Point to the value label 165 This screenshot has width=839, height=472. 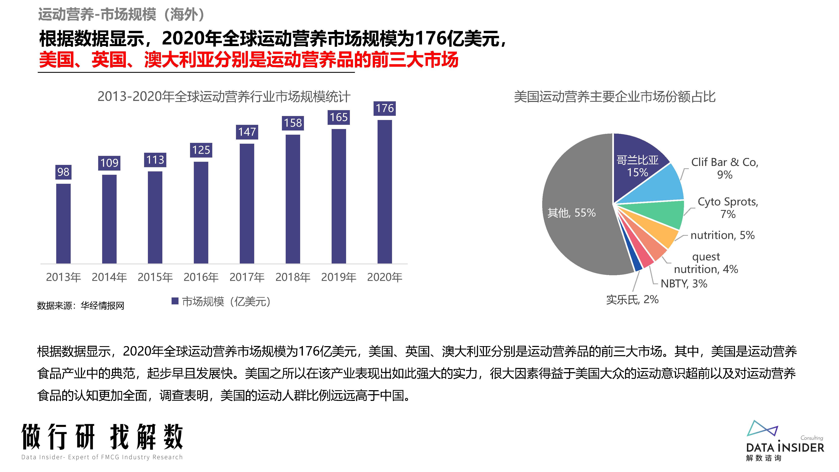pos(339,117)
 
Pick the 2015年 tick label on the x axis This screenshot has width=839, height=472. pos(155,277)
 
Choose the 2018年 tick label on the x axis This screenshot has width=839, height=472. pos(293,277)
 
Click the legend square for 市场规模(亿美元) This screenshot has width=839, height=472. pos(175,301)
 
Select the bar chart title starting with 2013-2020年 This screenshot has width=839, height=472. pos(224,97)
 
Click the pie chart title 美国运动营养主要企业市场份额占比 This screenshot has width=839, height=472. pos(615,97)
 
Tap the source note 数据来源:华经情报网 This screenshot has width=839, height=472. pos(81,306)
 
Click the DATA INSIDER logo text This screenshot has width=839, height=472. pos(785,448)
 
